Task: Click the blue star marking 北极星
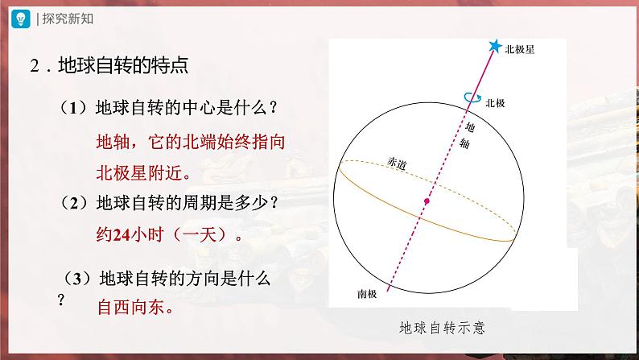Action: pos(493,47)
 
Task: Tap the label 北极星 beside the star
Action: pos(520,49)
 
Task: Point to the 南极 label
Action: pos(368,293)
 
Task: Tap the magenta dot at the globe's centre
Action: pos(427,201)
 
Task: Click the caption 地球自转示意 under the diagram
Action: pos(444,329)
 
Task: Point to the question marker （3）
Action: pos(79,279)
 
